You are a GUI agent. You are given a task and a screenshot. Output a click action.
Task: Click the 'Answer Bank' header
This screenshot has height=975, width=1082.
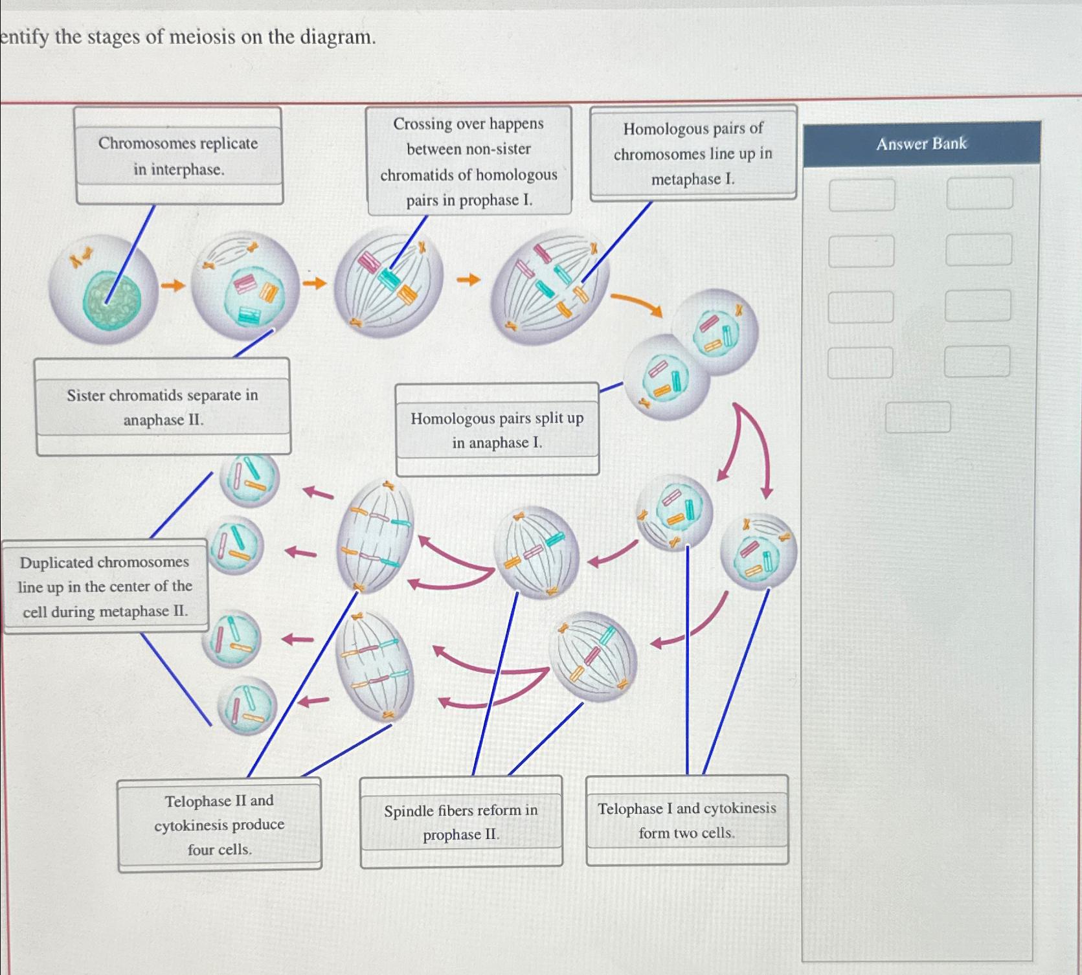(921, 143)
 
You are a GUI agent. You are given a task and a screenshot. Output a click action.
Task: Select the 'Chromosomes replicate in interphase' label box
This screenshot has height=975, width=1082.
(178, 156)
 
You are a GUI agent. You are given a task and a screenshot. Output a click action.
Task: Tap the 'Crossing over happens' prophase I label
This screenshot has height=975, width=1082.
(469, 161)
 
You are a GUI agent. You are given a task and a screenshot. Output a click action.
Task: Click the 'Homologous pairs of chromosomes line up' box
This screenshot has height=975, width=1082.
(693, 153)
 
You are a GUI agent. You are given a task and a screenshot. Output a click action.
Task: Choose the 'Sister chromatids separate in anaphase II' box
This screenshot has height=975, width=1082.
(163, 407)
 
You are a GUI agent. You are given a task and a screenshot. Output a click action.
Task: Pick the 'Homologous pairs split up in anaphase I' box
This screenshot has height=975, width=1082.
(497, 431)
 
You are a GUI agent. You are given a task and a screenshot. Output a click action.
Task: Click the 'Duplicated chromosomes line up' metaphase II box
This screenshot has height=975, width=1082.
(105, 587)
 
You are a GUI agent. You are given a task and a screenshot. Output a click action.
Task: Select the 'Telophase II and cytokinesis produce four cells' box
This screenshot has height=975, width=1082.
(219, 825)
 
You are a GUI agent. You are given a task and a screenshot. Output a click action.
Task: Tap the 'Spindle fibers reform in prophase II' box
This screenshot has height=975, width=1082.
(461, 822)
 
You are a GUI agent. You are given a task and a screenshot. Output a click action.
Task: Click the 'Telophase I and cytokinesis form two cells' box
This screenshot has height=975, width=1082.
(686, 820)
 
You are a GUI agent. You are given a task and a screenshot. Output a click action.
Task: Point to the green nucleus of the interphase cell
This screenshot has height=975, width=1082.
(111, 299)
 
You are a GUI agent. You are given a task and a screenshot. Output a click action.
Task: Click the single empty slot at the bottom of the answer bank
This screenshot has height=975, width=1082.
(918, 417)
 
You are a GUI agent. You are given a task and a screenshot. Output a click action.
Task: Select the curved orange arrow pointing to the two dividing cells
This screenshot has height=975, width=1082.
(637, 304)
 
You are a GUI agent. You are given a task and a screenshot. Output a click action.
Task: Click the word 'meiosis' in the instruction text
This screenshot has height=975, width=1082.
(202, 37)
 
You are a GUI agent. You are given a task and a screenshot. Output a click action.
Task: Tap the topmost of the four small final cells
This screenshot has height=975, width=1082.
(249, 478)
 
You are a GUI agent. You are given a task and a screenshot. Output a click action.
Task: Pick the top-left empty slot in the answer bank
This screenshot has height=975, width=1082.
(861, 195)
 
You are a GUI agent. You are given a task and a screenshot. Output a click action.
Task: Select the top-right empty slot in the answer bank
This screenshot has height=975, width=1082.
(979, 194)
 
